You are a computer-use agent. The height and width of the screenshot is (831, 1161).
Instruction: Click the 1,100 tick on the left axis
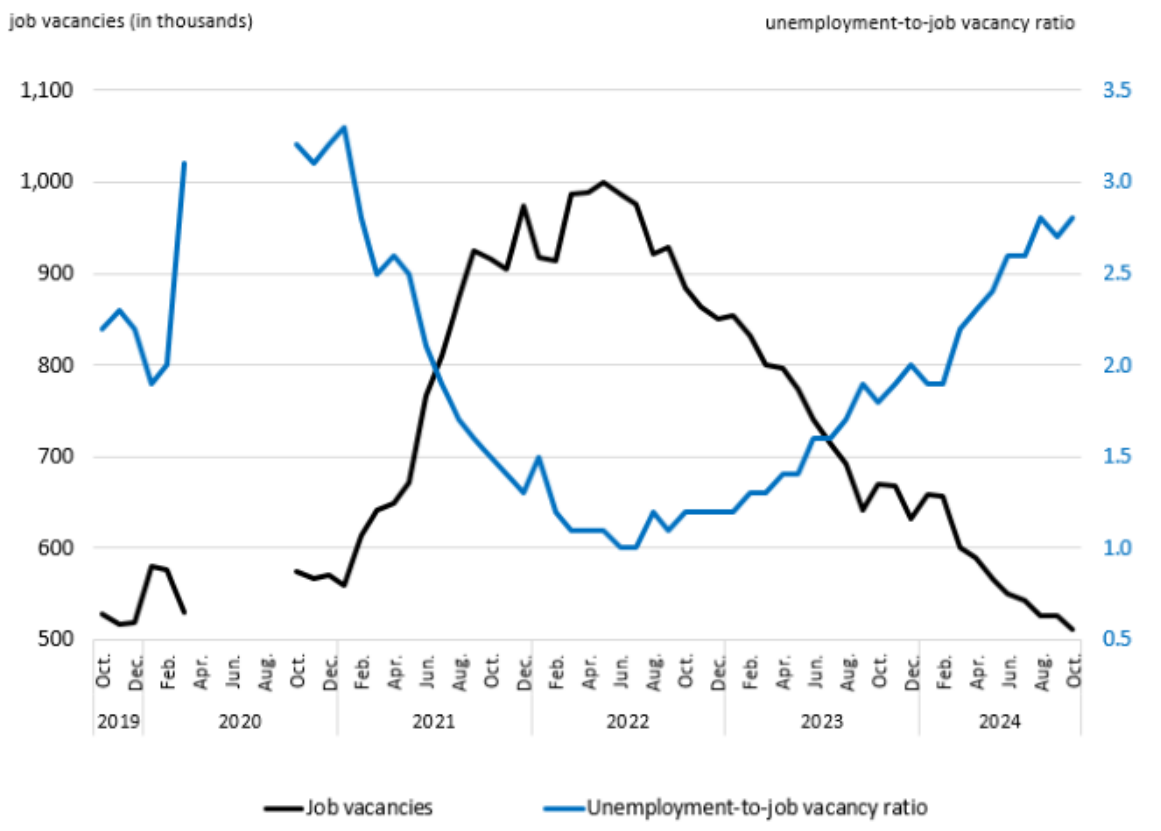(46, 91)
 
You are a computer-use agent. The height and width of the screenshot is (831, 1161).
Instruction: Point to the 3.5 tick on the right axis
(1116, 91)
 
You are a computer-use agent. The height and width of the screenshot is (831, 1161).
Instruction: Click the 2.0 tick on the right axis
(1116, 365)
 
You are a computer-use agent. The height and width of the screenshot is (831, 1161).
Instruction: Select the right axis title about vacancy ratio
(920, 23)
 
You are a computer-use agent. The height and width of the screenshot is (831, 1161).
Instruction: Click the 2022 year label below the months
(628, 720)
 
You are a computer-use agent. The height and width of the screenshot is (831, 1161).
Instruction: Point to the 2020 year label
(240, 720)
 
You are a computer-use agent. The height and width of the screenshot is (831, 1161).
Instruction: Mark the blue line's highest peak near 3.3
(344, 127)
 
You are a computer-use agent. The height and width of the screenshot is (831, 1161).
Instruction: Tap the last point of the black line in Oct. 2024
(1073, 629)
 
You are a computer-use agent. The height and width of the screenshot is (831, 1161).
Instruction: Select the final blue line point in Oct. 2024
(1073, 217)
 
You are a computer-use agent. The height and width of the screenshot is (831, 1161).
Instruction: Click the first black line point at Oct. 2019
(103, 613)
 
